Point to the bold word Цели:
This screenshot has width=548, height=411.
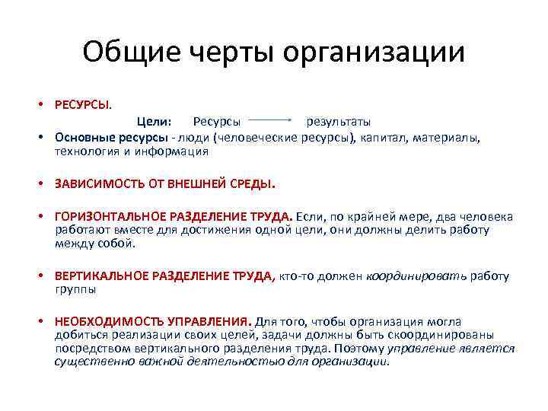155,121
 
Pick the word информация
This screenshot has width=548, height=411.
175,151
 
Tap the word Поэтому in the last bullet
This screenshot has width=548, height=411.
359,349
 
